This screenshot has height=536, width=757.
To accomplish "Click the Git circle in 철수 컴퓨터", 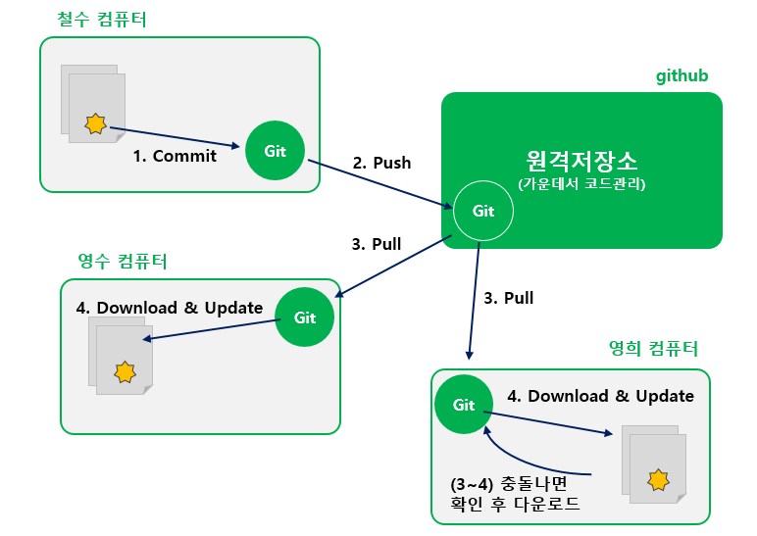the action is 275,151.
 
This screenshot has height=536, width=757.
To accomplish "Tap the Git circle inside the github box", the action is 483,211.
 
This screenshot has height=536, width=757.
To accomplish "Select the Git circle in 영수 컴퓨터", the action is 305,317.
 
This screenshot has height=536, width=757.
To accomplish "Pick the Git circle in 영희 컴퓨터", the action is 464,405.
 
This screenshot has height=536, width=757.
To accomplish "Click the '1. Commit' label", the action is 175,156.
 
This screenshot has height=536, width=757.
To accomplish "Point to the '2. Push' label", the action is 381,163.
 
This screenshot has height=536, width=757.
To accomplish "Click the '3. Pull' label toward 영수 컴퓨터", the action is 377,244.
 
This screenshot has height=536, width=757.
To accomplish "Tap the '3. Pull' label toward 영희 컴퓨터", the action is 509,298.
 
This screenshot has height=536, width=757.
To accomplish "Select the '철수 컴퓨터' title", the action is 102,20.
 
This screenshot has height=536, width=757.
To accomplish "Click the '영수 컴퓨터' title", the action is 123,261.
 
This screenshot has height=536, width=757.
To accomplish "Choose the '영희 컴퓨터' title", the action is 654,348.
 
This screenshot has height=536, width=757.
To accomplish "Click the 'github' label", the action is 681,75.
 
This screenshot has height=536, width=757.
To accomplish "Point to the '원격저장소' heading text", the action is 581,161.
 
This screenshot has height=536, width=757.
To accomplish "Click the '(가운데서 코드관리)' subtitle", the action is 581,184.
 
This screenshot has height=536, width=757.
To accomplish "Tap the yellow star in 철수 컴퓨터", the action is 95,123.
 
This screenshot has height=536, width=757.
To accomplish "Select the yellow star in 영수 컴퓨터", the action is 125,372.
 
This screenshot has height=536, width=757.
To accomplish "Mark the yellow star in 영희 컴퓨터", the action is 659,479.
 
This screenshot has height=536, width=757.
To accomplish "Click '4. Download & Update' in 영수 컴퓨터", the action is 170,308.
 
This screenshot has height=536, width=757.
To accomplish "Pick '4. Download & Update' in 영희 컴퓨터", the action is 600,396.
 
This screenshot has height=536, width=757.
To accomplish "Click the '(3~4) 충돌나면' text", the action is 509,483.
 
